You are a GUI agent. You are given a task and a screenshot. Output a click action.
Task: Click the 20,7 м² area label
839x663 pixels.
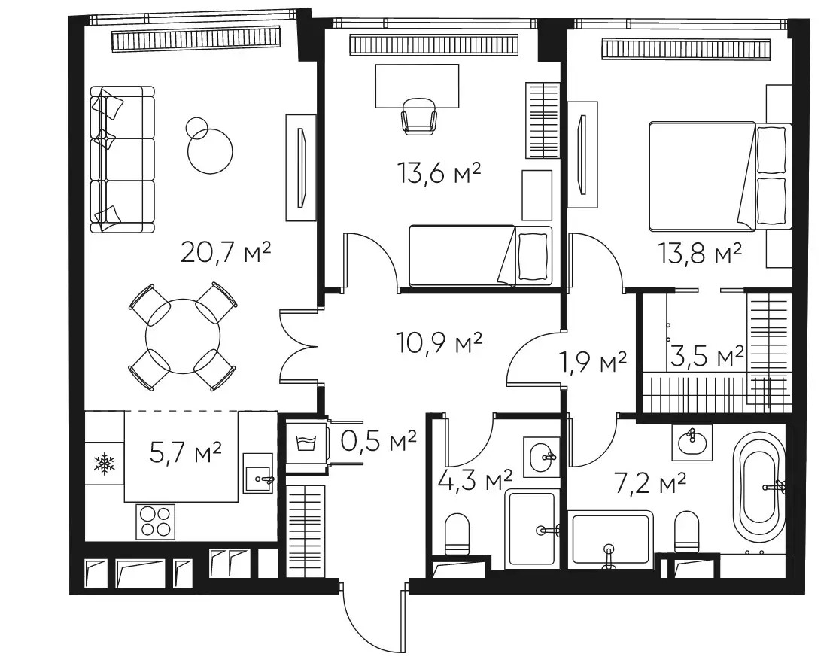click(225, 252)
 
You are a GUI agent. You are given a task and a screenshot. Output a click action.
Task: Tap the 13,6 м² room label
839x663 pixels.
click(439, 173)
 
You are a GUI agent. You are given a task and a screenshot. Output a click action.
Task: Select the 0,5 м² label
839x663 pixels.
click(378, 442)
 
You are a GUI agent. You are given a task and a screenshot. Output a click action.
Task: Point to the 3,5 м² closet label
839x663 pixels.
click(707, 357)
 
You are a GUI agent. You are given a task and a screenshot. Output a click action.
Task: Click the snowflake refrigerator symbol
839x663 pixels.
click(105, 464)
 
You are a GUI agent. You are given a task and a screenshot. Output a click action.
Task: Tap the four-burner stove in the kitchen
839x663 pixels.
click(155, 522)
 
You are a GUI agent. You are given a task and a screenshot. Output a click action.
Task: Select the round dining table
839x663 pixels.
click(183, 336)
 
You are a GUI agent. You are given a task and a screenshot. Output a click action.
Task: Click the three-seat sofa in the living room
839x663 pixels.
click(122, 160)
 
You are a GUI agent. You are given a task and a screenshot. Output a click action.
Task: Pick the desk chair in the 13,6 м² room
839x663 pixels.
click(419, 115)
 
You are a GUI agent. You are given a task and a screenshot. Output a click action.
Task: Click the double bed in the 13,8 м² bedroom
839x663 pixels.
click(719, 177)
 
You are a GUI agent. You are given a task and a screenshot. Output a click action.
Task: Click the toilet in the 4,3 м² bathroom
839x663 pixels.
click(457, 534)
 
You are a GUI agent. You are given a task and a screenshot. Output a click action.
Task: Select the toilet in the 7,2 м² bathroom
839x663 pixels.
click(687, 532)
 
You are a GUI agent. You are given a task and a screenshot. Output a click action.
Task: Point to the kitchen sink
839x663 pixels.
click(258, 473)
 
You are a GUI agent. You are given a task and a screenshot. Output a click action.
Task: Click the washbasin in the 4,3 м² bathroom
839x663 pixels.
click(541, 457)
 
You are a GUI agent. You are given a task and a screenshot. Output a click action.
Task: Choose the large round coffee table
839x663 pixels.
click(210, 151)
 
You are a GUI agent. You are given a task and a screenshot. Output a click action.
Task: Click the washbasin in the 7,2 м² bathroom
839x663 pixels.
click(692, 443)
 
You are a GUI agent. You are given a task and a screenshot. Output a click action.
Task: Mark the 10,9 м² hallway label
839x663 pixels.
click(439, 342)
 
